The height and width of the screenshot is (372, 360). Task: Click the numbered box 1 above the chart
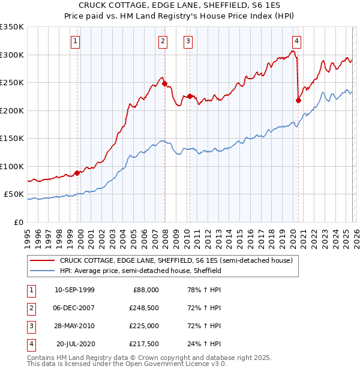click(76, 41)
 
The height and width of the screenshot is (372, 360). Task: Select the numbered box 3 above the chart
click(188, 41)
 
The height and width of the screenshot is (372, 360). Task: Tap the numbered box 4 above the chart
click(296, 41)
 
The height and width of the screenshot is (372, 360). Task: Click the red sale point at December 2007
click(165, 84)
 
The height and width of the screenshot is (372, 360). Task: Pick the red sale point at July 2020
click(298, 101)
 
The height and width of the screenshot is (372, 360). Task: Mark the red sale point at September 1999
click(77, 173)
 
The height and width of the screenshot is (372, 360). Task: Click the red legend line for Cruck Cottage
click(43, 260)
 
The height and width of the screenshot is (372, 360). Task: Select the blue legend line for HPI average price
click(43, 271)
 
